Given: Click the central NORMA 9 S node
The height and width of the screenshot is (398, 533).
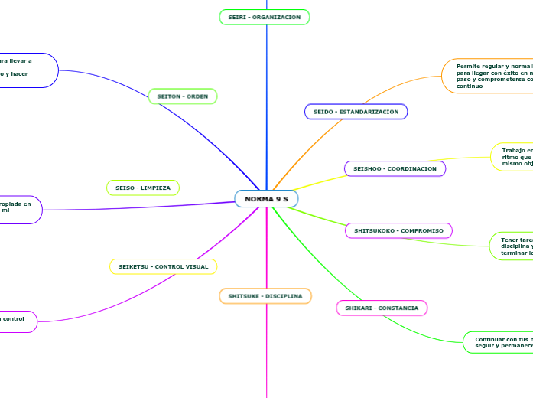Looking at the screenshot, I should [x=266, y=199].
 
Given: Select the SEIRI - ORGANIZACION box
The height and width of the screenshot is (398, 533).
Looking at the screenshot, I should [x=265, y=17].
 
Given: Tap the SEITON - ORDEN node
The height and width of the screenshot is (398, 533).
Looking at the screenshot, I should [x=183, y=96].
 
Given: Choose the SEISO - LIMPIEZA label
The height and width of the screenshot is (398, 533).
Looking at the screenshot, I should [x=143, y=188].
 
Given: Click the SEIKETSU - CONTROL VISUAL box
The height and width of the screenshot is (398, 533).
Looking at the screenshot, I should [x=163, y=266].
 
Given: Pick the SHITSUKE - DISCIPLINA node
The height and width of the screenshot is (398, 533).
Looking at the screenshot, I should [x=265, y=295].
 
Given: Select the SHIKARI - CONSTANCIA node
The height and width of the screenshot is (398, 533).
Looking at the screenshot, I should [x=382, y=308].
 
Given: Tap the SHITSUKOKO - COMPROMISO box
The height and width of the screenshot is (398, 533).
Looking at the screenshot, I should [x=399, y=230].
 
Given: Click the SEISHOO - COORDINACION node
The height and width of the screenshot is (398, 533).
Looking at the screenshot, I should [x=395, y=168].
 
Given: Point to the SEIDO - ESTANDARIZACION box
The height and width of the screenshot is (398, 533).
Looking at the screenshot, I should [x=356, y=112].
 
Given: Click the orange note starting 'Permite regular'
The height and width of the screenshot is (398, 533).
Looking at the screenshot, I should [x=488, y=77].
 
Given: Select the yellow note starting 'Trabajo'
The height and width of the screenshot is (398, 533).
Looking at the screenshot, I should [x=512, y=157].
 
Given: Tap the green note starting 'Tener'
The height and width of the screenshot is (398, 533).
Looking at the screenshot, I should [x=512, y=246].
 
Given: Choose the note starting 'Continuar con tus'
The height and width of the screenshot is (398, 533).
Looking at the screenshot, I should [x=498, y=342].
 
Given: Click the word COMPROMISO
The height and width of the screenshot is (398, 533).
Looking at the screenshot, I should [x=422, y=230].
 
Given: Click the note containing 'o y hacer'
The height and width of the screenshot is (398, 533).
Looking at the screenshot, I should [x=28, y=70].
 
